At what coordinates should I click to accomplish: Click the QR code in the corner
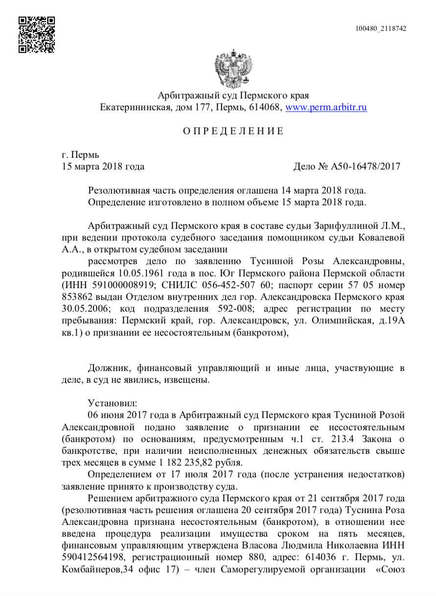point(36,35)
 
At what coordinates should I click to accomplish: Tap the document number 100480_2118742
point(381,28)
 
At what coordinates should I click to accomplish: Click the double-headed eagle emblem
point(233,69)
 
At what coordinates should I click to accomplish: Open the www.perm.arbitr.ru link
point(326,107)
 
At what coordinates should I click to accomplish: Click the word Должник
point(108,368)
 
